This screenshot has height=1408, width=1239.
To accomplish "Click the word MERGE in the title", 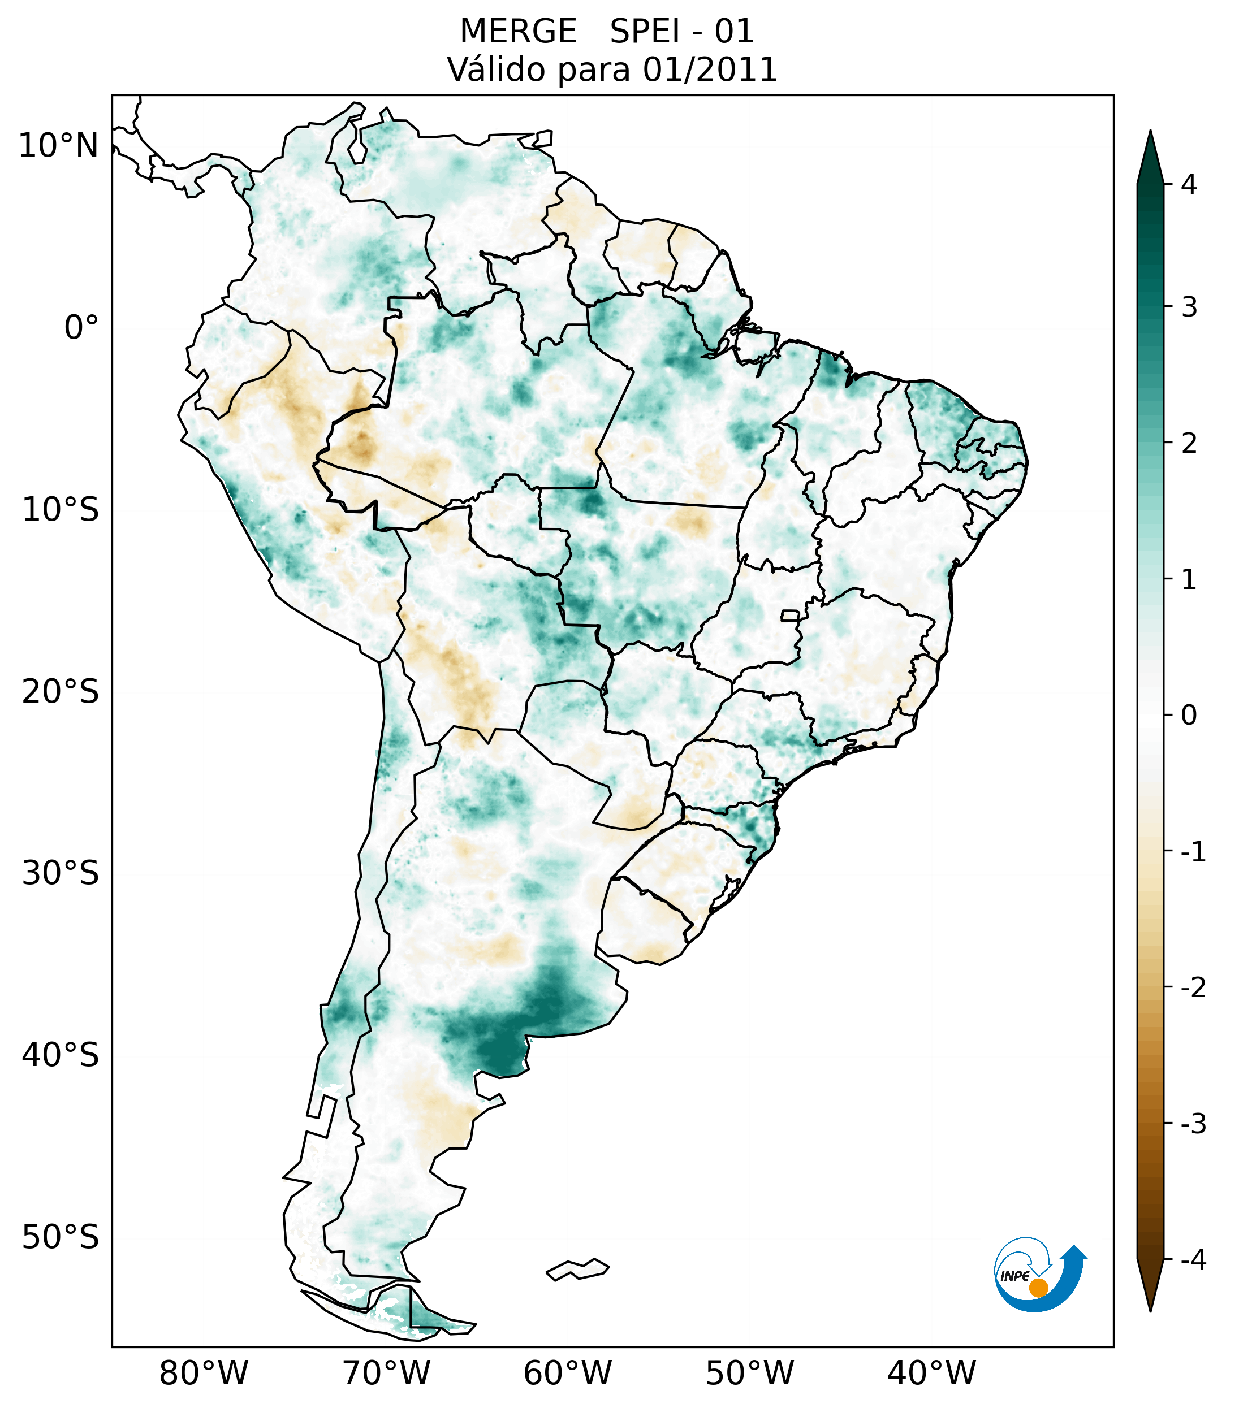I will (518, 32).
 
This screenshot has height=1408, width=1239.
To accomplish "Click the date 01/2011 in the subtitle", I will (710, 70).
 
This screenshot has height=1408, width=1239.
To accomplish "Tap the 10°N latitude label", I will (59, 146).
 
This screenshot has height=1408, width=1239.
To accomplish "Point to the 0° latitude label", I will (81, 327).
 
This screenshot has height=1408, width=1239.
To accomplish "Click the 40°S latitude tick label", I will (61, 1055).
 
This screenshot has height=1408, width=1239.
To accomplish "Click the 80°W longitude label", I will (204, 1374).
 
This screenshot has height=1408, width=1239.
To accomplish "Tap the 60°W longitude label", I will (568, 1374).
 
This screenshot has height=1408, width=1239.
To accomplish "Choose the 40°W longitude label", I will (932, 1374).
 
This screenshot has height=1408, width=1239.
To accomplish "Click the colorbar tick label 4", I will (1189, 185).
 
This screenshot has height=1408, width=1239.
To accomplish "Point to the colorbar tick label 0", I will (1189, 715).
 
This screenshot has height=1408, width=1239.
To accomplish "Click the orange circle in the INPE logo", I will (1038, 1288).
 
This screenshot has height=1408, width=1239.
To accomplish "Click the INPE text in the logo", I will (1014, 1276).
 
